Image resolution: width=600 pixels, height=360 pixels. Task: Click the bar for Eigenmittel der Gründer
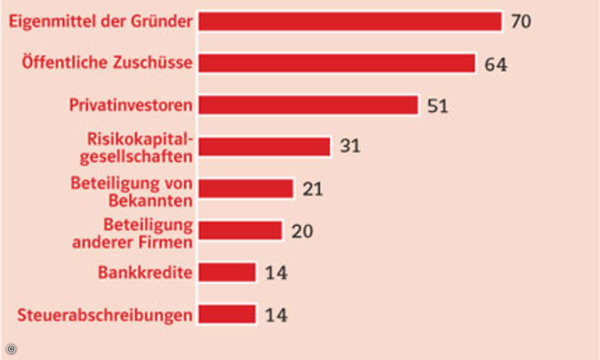click(350, 22)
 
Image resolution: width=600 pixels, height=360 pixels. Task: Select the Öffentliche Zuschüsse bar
click(336, 63)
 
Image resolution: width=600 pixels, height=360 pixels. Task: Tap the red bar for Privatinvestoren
click(308, 105)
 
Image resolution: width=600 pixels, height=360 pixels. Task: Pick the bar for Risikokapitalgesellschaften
click(264, 147)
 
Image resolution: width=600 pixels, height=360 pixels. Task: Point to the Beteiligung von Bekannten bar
click(245, 189)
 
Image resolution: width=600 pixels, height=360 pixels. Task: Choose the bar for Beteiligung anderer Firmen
click(240, 230)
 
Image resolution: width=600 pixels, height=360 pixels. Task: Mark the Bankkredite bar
click(227, 272)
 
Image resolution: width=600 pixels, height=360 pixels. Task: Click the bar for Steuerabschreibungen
click(227, 314)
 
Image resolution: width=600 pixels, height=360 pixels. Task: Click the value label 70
click(520, 22)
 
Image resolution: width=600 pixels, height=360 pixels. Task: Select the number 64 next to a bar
click(495, 64)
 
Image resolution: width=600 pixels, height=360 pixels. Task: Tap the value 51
click(437, 106)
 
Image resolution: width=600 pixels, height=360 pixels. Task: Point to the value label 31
click(350, 146)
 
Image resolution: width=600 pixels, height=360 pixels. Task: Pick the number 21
click(312, 189)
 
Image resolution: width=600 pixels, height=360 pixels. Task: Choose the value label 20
click(302, 231)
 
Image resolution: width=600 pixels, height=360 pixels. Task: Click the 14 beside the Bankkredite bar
click(276, 273)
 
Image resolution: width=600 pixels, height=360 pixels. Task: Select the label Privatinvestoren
click(130, 105)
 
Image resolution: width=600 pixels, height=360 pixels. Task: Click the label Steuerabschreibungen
click(105, 315)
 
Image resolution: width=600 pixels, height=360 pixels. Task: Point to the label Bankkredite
click(145, 273)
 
